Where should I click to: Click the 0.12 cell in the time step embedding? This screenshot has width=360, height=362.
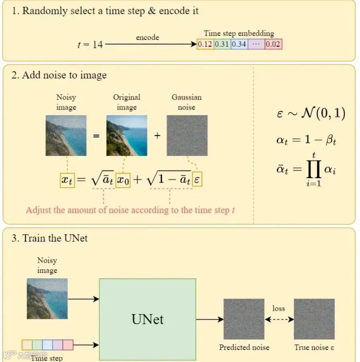coord(205,44)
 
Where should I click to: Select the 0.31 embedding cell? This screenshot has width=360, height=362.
coord(222,44)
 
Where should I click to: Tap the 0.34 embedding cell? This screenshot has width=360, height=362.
coord(239,44)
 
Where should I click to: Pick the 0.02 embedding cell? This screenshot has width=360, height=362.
coord(273,44)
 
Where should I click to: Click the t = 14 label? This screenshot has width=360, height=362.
coord(90,44)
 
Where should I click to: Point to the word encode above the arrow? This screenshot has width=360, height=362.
coord(147,38)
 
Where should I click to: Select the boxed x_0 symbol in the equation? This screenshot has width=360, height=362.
coord(123,180)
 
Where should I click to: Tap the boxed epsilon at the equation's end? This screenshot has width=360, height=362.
coord(197,180)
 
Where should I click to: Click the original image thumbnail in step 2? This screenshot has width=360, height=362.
coord(127,136)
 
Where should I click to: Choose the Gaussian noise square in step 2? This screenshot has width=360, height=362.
coord(187,136)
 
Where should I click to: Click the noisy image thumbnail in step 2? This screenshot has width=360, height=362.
coord(66,136)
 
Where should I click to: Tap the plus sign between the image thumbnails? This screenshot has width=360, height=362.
coord(157,136)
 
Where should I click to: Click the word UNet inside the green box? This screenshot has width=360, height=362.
coord(148,319)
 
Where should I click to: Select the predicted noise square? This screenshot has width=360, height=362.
coord(244,319)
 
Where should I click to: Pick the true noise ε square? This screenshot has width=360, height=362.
coord(314,319)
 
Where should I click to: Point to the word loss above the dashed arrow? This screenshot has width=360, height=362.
coord(278,308)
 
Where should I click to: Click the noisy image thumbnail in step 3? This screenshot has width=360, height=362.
coord(47,298)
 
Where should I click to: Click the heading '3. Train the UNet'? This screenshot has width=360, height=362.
coord(50,239)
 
